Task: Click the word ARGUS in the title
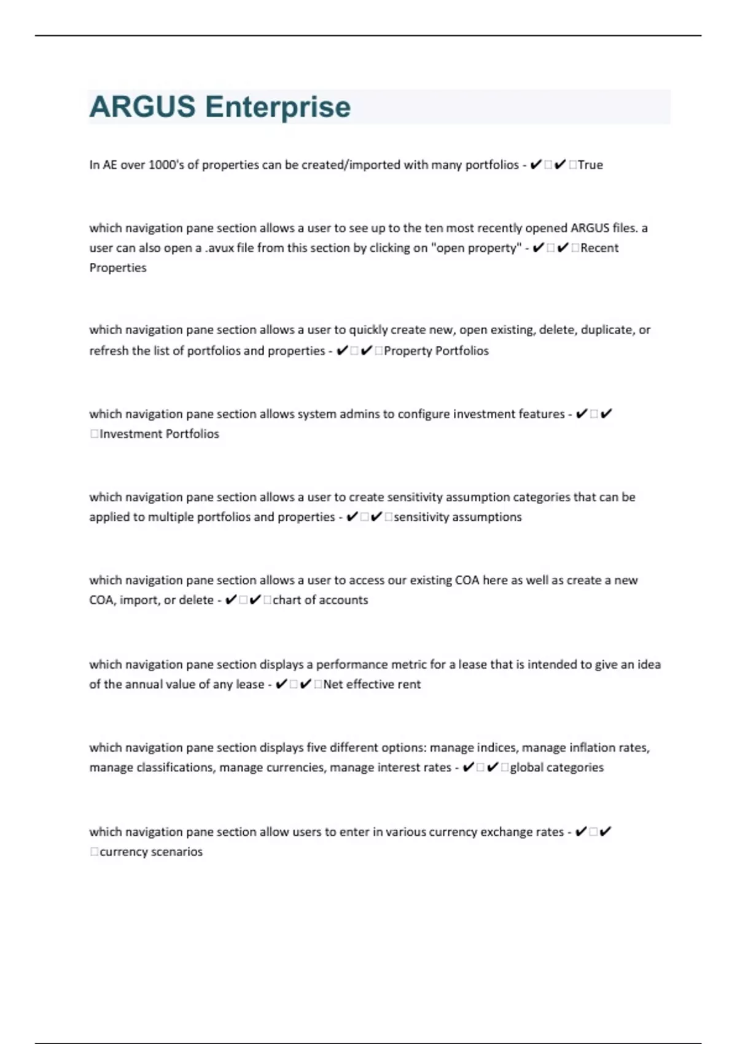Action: (x=142, y=107)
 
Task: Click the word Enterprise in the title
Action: (x=278, y=107)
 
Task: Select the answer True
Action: (x=590, y=165)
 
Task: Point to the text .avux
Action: (x=219, y=247)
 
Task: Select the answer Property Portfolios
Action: (x=436, y=351)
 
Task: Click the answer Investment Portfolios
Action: (x=159, y=434)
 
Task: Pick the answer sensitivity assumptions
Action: (x=458, y=517)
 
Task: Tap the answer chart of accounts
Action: (x=320, y=600)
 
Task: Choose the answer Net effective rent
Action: (x=372, y=684)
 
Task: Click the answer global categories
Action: (x=556, y=767)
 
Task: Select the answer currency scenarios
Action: (x=150, y=852)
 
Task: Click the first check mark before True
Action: (x=536, y=165)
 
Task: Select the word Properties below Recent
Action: (x=118, y=268)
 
